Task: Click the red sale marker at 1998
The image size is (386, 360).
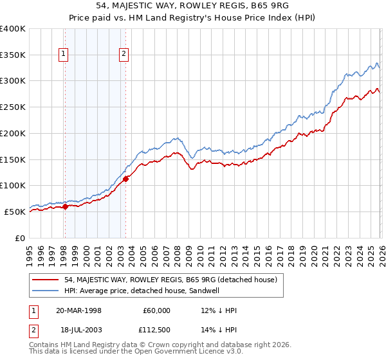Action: pos(66,206)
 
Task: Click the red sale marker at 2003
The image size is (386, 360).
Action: pos(126,179)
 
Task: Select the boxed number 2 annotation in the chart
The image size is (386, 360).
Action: pos(123,55)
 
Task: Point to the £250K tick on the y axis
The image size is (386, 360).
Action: pos(13,107)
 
